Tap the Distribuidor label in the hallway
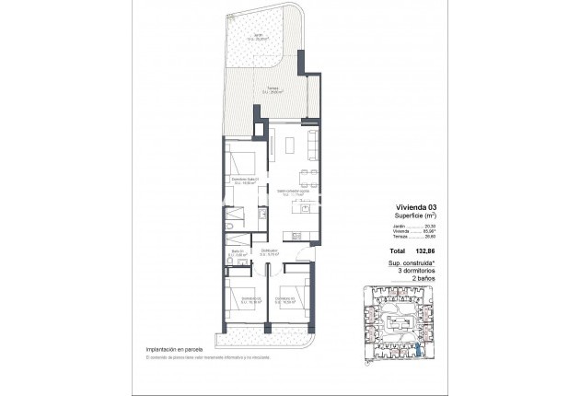click(x=270, y=250)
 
